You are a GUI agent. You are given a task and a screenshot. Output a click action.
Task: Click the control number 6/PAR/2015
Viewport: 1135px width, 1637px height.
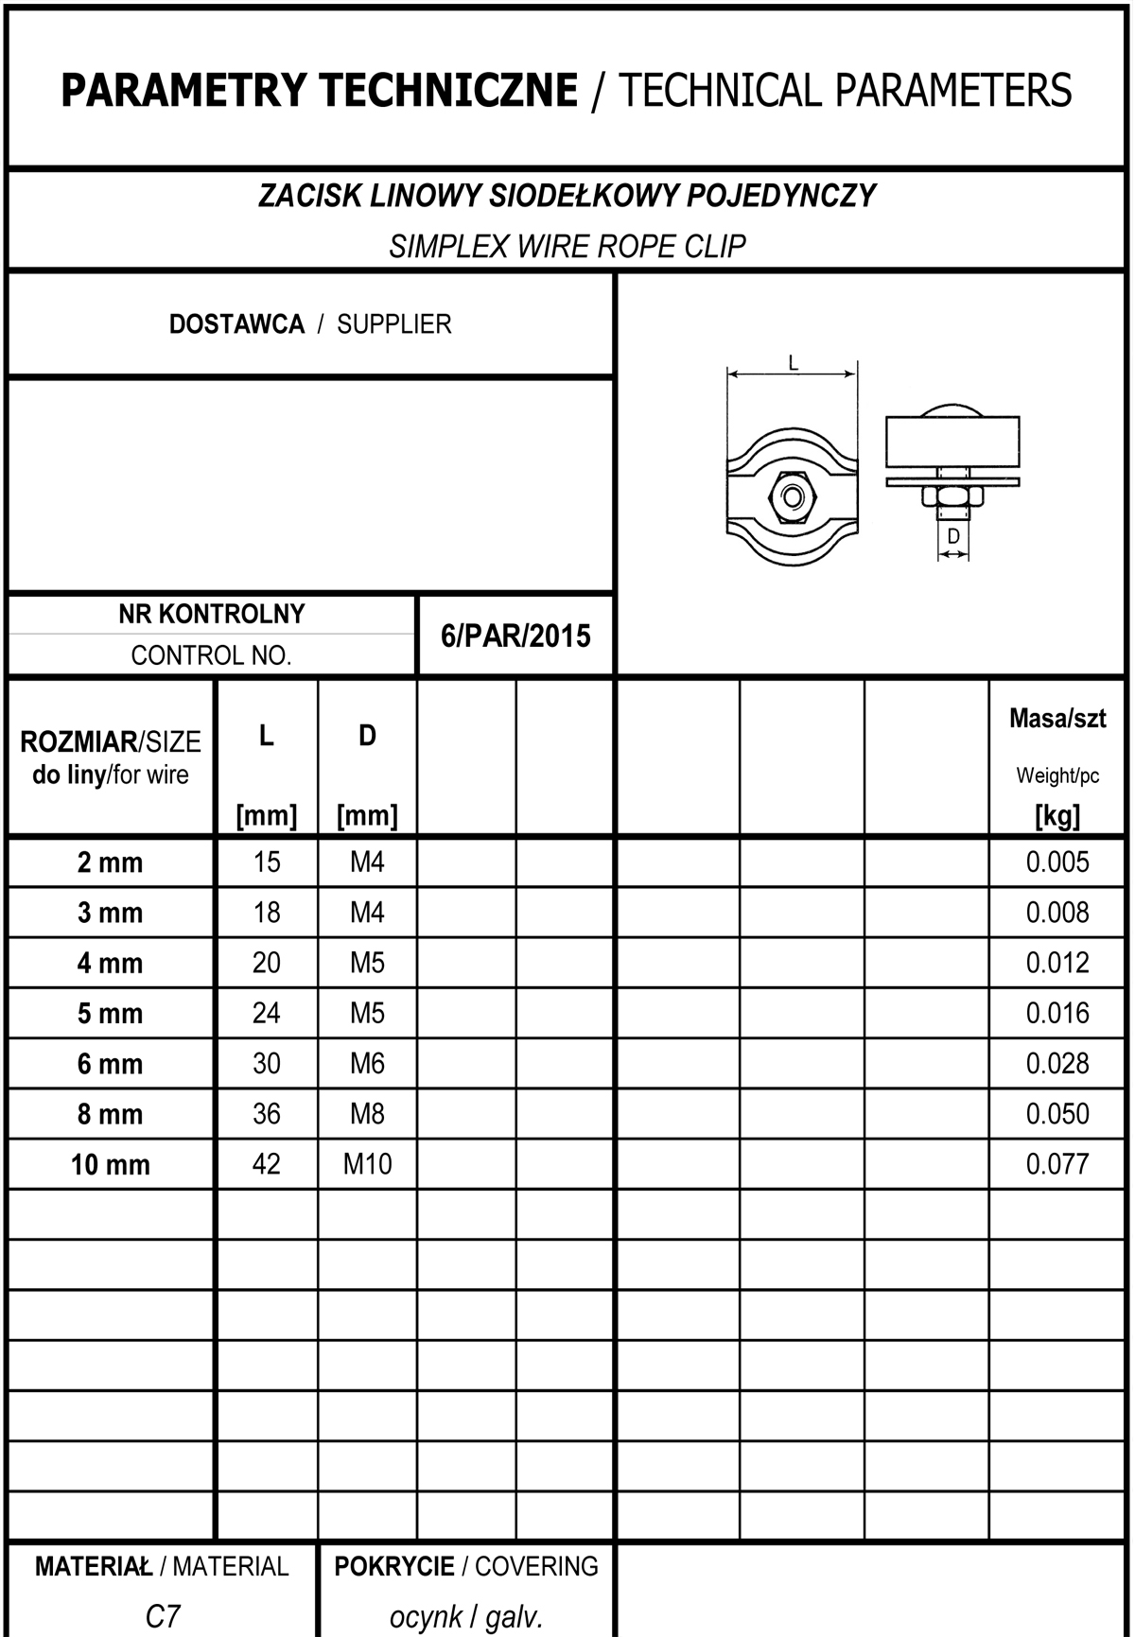pos(515,636)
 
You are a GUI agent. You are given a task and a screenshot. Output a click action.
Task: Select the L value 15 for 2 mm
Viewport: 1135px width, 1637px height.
pos(267,862)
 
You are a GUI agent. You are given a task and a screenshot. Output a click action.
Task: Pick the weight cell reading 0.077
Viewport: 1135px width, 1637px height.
pos(1057,1163)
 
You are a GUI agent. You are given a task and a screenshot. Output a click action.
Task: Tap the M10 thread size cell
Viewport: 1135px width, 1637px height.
pos(367,1163)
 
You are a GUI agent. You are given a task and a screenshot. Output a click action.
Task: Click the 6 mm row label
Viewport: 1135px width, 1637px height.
pos(110,1064)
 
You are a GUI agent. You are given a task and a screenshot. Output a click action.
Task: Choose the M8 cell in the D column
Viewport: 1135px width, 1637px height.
pos(367,1113)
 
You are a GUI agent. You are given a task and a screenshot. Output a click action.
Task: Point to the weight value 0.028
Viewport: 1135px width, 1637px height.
pos(1057,1063)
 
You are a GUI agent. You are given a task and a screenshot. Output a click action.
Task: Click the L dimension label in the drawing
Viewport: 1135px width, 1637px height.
pos(793,361)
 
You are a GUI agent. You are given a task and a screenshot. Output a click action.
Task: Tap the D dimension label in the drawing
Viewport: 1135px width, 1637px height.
pos(953,536)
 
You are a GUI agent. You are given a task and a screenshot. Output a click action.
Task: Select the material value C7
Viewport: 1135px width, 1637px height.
pos(163,1616)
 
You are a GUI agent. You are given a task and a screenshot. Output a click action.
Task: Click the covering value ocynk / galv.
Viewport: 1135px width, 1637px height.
pos(466,1616)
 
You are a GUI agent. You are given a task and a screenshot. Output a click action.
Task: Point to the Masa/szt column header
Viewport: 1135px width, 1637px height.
pos(1057,719)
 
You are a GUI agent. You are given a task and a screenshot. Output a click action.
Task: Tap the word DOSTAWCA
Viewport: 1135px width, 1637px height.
pos(236,324)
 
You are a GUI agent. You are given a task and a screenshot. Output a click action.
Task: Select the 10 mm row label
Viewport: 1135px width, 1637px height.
pos(110,1164)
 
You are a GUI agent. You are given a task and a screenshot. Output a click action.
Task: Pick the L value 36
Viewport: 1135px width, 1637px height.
pos(267,1113)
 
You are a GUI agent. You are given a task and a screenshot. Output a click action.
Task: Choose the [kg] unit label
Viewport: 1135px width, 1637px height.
pos(1057,815)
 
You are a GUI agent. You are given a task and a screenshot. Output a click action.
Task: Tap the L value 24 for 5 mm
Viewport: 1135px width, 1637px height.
pos(267,1013)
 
